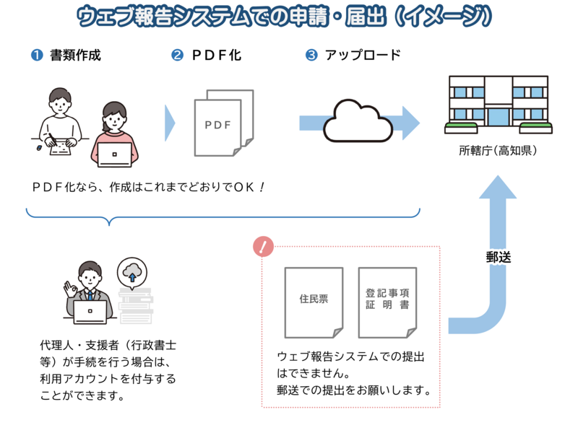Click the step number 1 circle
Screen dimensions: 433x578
tap(36, 56)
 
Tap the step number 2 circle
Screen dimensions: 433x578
tap(177, 56)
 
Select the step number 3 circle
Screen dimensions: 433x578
tap(311, 56)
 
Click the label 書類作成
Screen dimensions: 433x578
tap(76, 56)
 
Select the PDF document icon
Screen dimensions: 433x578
tap(224, 123)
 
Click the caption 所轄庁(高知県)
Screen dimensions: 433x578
tap(498, 152)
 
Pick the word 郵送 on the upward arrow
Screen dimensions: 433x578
tap(498, 256)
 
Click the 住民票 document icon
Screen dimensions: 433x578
tap(314, 302)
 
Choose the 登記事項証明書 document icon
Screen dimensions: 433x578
tap(387, 302)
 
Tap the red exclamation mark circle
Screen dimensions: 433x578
tap(263, 247)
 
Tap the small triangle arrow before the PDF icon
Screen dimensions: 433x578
tap(170, 123)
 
